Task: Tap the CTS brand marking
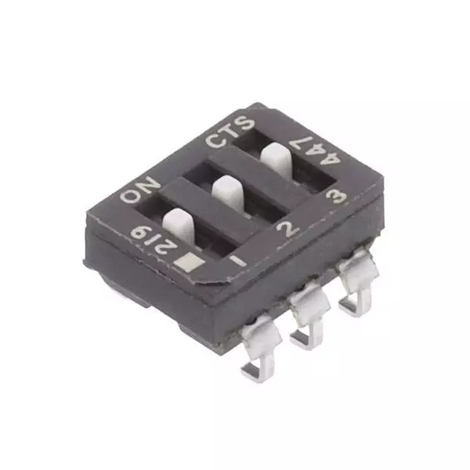pos(230,131)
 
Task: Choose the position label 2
pos(287,229)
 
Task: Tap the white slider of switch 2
pos(227,190)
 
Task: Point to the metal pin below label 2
pos(307,317)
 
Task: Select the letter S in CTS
pos(244,123)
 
